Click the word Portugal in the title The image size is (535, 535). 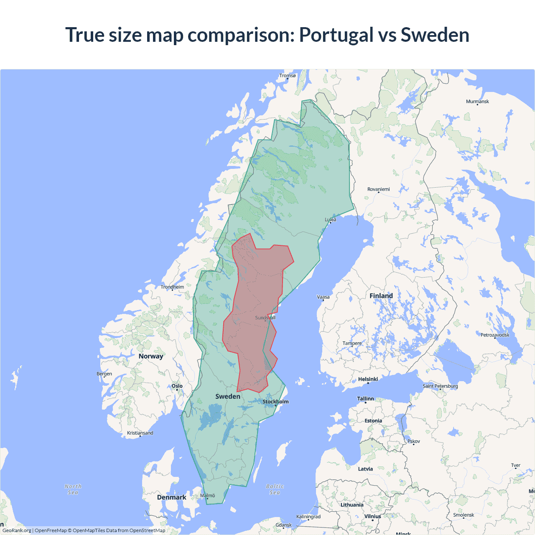(336, 35)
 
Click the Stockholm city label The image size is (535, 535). (275, 402)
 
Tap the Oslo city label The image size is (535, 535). (177, 386)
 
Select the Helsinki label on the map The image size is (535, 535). (368, 379)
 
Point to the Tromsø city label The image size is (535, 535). (287, 76)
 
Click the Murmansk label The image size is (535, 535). (477, 102)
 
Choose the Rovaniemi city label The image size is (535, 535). (378, 189)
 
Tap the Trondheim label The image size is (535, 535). (172, 287)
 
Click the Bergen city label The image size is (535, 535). (104, 374)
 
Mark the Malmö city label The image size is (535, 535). (207, 496)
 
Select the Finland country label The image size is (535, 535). (381, 296)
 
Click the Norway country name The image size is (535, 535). (151, 356)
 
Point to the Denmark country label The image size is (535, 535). (171, 497)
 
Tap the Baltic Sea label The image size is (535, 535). (275, 489)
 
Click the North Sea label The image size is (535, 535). (73, 489)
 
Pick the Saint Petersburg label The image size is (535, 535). (440, 386)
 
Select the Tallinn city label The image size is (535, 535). (365, 399)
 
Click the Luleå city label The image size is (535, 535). (331, 219)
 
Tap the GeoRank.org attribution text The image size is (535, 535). (17, 530)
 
